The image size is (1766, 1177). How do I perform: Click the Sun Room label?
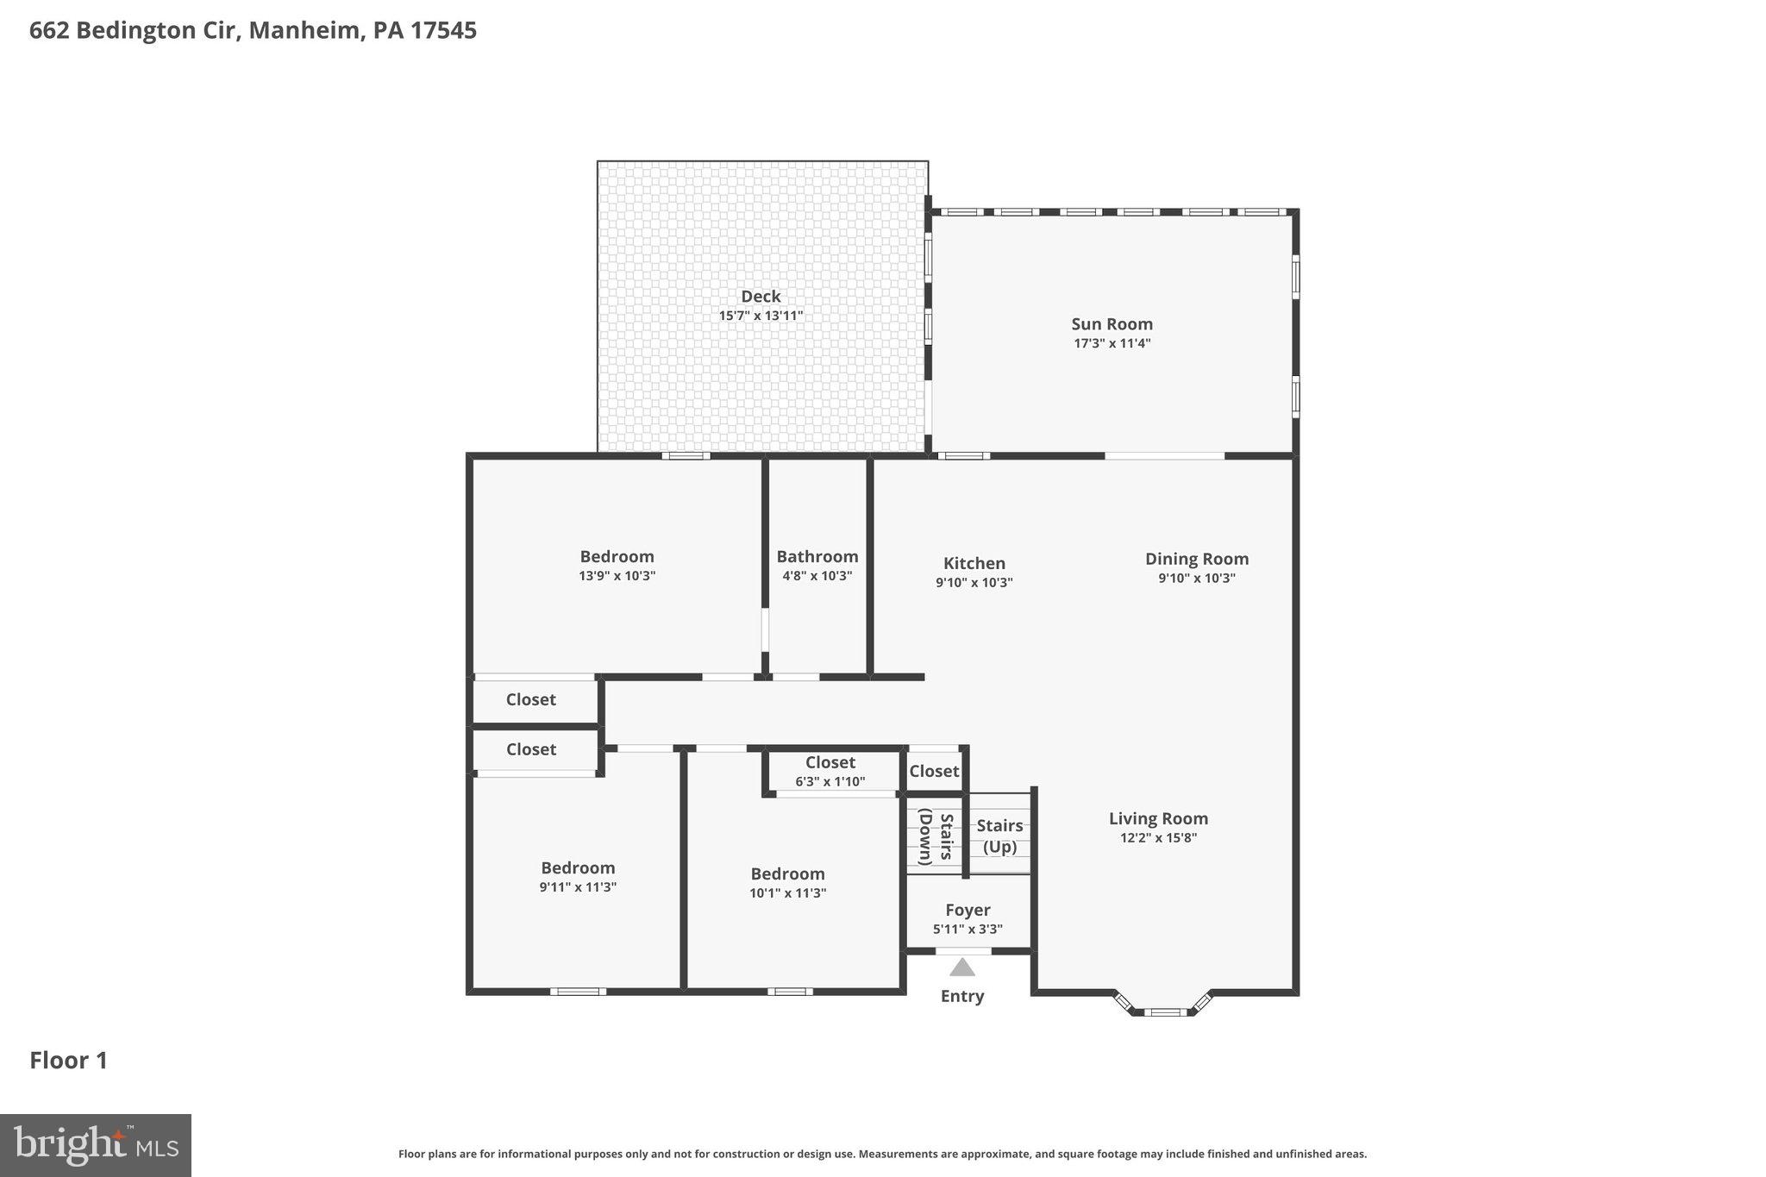[1112, 324]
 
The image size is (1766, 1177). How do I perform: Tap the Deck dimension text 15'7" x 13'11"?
[761, 316]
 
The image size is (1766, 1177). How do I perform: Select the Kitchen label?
[974, 563]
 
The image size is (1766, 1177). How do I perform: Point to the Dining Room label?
[1196, 559]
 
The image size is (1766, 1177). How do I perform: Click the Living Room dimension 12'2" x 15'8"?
[1158, 837]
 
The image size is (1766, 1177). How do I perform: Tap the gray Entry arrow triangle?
[962, 967]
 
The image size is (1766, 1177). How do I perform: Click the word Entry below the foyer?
[962, 996]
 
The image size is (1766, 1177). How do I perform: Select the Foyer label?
[968, 910]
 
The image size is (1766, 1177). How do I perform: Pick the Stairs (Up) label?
[999, 836]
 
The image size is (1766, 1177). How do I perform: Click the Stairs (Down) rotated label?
[936, 836]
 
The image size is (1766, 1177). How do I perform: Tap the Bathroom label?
[817, 556]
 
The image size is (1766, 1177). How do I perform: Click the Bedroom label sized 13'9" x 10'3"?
[617, 556]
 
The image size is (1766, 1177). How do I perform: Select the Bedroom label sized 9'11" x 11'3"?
[578, 867]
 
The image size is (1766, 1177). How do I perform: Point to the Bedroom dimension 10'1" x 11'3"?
[787, 893]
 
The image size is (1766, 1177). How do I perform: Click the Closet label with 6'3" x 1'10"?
[830, 762]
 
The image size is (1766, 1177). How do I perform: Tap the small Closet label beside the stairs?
[934, 771]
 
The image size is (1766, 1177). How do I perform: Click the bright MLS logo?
[96, 1145]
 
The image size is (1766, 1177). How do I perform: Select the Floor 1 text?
[69, 1061]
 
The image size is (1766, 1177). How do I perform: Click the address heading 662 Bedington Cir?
[253, 31]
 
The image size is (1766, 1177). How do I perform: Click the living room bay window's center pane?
[1164, 1011]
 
